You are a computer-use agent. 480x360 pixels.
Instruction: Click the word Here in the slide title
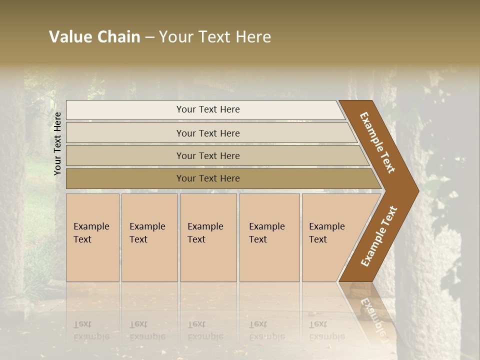(x=253, y=37)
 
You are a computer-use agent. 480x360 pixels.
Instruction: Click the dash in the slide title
(x=149, y=37)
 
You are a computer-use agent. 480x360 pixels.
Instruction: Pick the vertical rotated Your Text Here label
(x=57, y=143)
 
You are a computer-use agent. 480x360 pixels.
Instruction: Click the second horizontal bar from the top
(x=208, y=133)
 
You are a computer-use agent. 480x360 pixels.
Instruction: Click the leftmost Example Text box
(x=92, y=237)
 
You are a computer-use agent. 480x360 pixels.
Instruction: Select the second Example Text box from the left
(x=149, y=237)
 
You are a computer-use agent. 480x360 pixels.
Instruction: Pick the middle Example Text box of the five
(x=208, y=237)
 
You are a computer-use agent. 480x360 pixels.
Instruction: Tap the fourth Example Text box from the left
(x=269, y=237)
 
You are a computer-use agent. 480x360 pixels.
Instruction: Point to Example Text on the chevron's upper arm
(x=377, y=142)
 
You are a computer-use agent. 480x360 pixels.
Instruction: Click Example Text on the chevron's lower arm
(x=378, y=236)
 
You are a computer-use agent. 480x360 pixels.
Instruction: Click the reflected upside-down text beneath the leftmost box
(x=91, y=330)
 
